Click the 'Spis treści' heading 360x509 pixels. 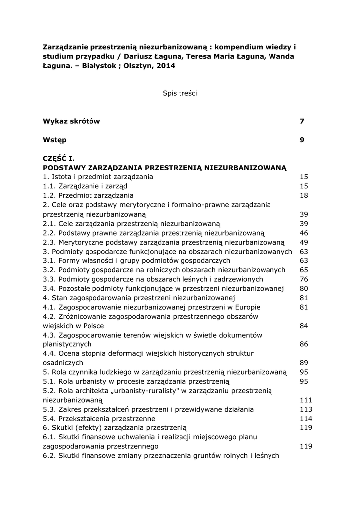(180, 93)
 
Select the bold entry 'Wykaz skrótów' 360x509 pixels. (71, 121)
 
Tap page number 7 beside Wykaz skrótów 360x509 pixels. (302, 121)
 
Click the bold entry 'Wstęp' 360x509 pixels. (55, 140)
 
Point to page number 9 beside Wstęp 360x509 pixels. (302, 140)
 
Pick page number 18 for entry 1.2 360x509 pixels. (304, 195)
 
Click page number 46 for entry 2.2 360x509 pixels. (304, 233)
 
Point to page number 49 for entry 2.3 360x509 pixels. (304, 242)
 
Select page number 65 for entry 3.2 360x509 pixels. (304, 270)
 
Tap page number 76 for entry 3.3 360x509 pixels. (304, 279)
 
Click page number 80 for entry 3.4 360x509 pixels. (304, 288)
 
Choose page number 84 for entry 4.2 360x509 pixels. (304, 326)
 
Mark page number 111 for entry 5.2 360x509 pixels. (306, 400)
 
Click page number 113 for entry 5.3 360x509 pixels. (306, 409)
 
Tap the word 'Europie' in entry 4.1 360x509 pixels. (247, 307)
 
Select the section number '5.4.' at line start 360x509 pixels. (50, 419)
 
